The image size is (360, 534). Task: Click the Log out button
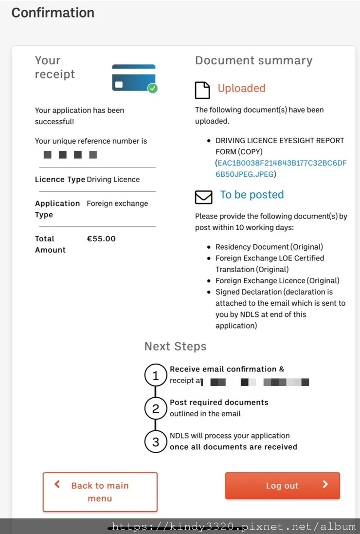282,485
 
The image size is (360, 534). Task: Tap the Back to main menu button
100,492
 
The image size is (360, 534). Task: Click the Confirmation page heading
53,13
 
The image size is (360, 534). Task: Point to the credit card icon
133,77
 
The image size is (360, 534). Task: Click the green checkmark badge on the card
153,88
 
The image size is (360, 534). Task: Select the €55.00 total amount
101,239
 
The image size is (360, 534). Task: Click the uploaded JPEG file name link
281,168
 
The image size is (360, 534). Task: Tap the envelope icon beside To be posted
203,197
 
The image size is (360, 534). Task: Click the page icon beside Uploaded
202,90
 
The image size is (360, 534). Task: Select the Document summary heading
253,61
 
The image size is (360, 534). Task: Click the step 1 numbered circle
156,376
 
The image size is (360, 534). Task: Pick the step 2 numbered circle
156,409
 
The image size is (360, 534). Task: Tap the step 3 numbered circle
156,442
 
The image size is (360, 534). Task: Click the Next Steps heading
175,347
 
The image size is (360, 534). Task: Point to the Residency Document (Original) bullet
269,247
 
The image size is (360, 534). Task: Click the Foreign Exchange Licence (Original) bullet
277,280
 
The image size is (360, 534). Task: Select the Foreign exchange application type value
117,203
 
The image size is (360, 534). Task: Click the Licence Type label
60,179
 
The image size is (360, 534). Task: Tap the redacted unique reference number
71,155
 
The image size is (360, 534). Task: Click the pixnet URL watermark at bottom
234,526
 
